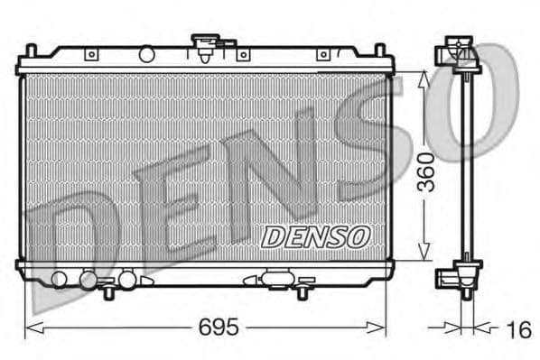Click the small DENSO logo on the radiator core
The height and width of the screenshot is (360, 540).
316,236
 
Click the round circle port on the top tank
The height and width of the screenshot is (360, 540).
146,55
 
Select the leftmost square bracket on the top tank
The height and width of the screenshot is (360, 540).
91,55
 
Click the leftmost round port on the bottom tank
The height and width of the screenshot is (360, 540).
61,279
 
